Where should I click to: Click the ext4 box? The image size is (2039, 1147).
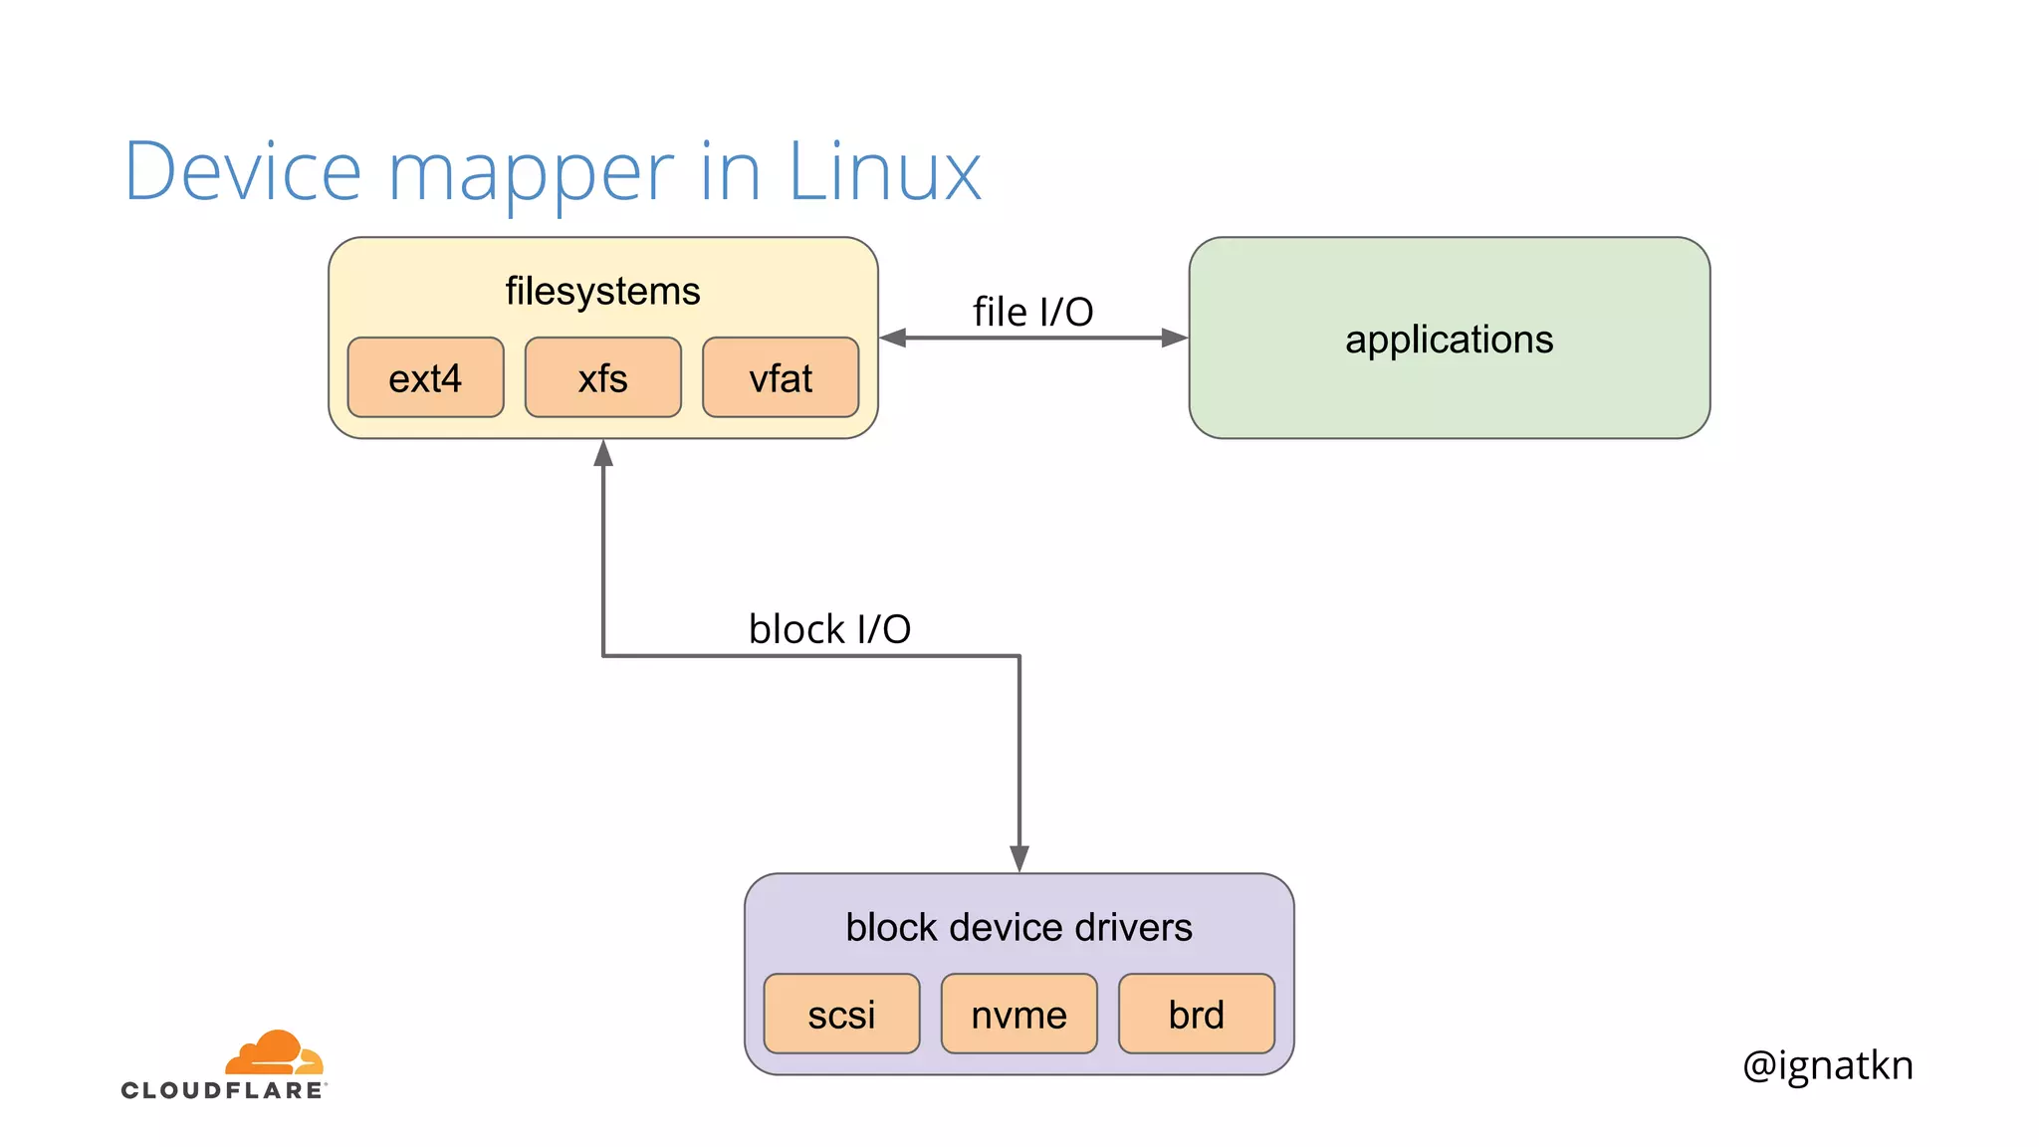(425, 377)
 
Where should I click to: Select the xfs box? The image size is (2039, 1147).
(602, 377)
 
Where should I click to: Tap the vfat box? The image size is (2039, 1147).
(781, 377)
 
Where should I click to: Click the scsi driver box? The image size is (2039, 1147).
(841, 1014)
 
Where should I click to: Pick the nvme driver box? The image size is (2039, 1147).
(1019, 1014)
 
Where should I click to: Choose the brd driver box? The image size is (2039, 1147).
(1196, 1014)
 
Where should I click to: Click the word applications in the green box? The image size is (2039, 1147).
(1449, 340)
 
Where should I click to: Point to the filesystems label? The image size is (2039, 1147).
(602, 291)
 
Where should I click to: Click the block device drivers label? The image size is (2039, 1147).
(1019, 927)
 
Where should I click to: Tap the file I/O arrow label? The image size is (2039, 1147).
(1032, 312)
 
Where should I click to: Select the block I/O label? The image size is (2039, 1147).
(829, 629)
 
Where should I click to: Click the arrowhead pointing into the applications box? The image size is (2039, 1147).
(1175, 338)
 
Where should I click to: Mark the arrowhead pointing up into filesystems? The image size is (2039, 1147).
(603, 453)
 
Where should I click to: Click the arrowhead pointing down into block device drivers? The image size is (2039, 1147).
(1019, 858)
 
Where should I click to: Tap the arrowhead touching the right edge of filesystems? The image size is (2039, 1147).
(893, 338)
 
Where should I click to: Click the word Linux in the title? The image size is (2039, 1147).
(884, 171)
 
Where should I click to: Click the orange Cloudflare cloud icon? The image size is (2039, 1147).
(275, 1053)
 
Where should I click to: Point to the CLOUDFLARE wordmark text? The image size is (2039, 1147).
(223, 1090)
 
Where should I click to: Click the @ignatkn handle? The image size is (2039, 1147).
(1827, 1064)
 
